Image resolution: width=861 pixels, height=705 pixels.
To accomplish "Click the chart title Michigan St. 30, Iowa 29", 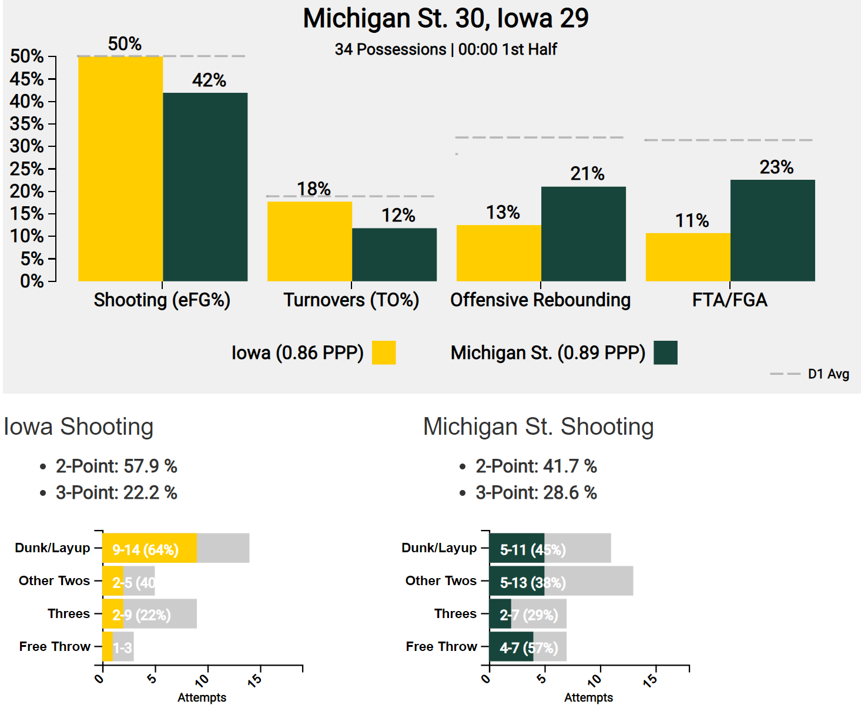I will coord(445,18).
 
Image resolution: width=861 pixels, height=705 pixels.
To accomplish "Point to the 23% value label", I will coord(776,167).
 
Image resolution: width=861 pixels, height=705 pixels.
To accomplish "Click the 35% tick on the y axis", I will coord(27,124).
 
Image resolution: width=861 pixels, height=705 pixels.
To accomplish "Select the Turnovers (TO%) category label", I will coord(351,300).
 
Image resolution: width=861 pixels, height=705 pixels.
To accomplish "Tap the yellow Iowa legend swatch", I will coord(384,352).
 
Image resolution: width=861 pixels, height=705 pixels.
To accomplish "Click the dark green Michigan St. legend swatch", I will coord(665,352).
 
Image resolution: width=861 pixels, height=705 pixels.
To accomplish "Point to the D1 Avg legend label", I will coord(828,374).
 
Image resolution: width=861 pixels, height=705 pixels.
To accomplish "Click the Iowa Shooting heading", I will coord(78,427).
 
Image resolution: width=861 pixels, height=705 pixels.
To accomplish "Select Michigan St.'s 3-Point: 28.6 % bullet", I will coord(536,492).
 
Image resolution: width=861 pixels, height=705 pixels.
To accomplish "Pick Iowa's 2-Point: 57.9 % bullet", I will coord(116,466).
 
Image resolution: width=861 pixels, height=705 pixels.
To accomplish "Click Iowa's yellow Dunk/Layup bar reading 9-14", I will coord(149,548).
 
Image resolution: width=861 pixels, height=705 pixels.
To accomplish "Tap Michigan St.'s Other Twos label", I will coord(441,580).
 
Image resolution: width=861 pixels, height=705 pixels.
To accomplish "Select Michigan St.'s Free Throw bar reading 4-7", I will coord(511,647).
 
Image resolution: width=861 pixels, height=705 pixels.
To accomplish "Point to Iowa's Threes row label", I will coord(69,613).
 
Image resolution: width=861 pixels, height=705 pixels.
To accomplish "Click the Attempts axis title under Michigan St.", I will coord(588,697).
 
